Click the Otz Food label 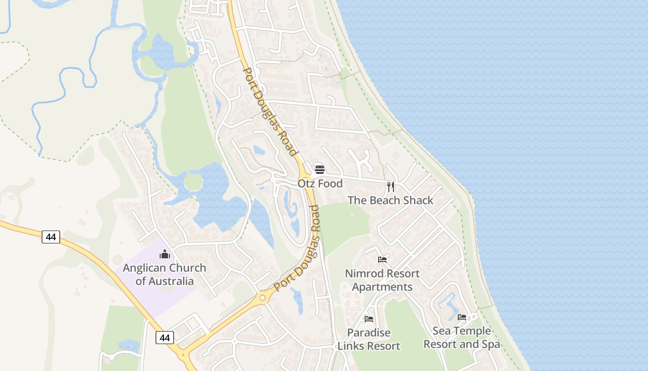[320, 184]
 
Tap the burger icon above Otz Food [319, 169]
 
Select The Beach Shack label [390, 200]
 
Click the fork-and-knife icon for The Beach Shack [391, 186]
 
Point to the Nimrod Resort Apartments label [382, 280]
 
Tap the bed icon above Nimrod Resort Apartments [382, 260]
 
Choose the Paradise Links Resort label [369, 339]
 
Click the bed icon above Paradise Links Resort [369, 319]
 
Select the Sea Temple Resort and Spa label [461, 338]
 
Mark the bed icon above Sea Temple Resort [462, 317]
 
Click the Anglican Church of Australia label [164, 275]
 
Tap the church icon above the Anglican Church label [164, 254]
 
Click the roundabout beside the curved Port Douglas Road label [262, 297]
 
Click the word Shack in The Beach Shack [418, 200]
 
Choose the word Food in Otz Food [330, 184]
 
